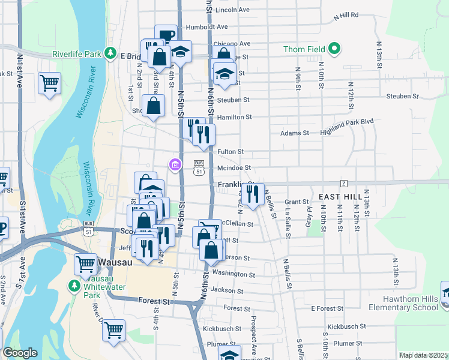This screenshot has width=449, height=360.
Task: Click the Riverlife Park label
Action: [76, 53]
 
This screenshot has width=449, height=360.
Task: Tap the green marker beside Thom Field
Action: [335, 49]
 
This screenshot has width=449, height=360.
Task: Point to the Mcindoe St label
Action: [233, 169]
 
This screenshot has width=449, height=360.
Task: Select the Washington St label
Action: [234, 274]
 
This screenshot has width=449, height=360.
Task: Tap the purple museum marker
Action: [175, 164]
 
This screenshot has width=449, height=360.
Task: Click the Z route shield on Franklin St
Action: [344, 182]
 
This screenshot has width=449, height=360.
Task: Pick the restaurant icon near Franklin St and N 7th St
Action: [252, 194]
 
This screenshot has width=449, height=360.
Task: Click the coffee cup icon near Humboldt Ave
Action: [166, 35]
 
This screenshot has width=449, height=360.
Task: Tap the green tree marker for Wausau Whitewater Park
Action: [75, 286]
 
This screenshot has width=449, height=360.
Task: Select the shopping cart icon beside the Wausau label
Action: [85, 263]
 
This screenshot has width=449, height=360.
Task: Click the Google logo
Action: [20, 353]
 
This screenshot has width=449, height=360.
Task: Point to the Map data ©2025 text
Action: [424, 355]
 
